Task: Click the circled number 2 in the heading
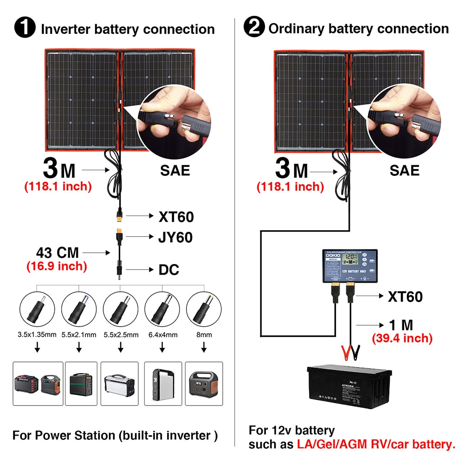[254, 28]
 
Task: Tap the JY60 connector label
[175, 238]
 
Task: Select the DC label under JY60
[169, 270]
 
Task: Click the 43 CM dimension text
[58, 253]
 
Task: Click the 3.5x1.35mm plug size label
[37, 335]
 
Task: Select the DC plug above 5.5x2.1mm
[79, 308]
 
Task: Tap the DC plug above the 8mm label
[203, 308]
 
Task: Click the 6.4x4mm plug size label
[162, 335]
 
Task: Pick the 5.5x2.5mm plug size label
[120, 335]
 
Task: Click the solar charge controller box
[350, 266]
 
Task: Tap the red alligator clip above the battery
[346, 352]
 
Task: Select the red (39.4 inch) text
[402, 338]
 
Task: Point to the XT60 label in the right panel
[405, 296]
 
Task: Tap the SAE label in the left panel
[175, 170]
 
